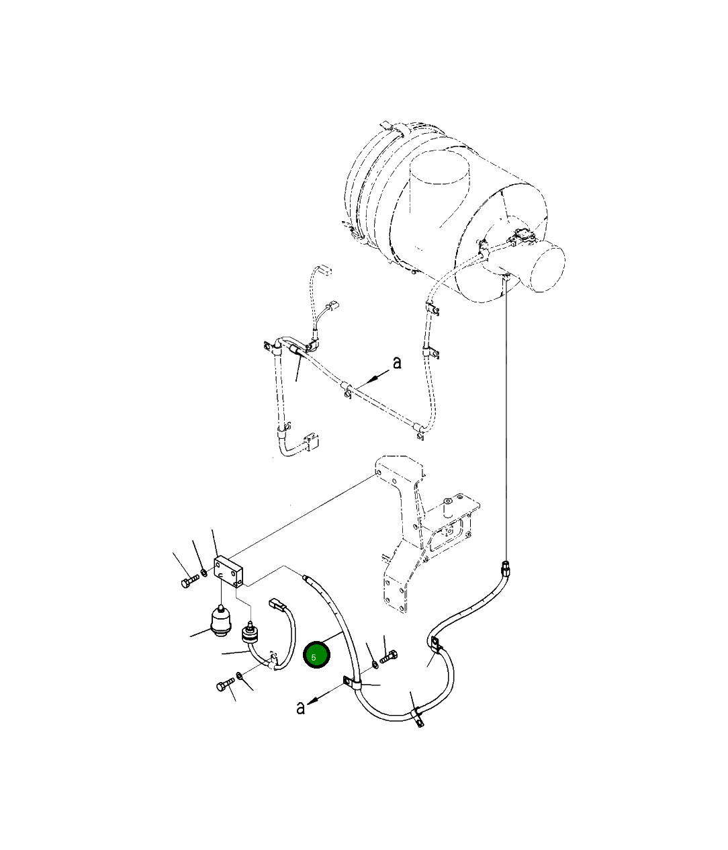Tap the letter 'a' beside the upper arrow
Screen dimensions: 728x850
397,363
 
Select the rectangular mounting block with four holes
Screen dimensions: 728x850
228,570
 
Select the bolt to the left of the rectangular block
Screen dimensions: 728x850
189,581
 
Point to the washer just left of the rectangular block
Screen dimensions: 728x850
204,572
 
